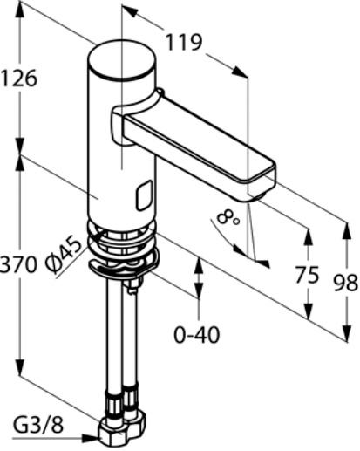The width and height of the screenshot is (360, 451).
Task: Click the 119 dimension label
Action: (x=184, y=43)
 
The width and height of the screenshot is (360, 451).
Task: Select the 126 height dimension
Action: (x=18, y=78)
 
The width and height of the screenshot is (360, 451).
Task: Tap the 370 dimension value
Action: (x=18, y=264)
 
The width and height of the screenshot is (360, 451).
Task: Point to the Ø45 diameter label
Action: (x=64, y=256)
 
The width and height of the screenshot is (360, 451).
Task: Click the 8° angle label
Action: (x=228, y=218)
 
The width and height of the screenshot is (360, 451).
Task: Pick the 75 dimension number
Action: (x=307, y=275)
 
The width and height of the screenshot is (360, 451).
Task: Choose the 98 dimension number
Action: (x=346, y=283)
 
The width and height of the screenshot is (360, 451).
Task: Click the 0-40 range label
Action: (x=197, y=335)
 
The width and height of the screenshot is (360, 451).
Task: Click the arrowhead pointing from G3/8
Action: (x=91, y=438)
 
